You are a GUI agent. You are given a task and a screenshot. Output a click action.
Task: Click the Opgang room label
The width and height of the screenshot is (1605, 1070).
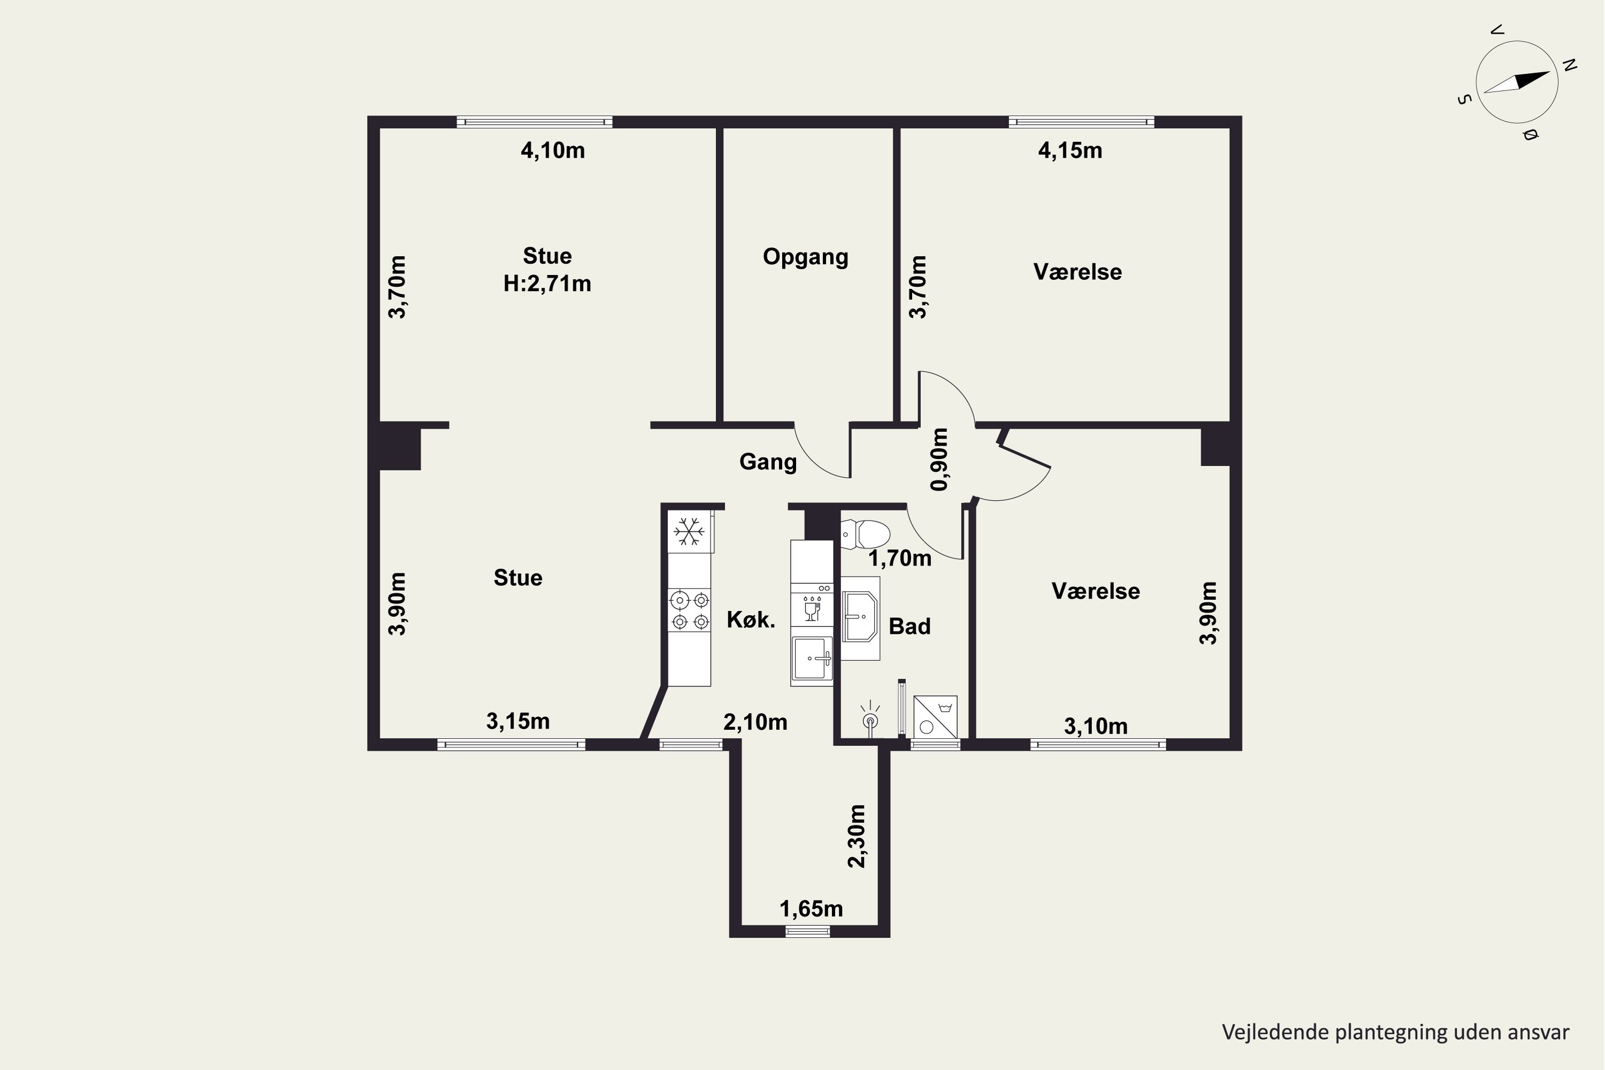(805, 257)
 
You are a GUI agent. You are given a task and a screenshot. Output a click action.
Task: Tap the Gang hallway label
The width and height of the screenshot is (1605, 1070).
(768, 462)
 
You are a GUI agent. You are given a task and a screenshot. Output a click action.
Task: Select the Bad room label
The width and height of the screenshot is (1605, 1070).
(909, 626)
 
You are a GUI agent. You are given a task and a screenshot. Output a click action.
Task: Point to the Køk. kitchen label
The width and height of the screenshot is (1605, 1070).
(751, 620)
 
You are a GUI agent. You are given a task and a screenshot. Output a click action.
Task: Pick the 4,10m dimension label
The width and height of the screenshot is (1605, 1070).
(553, 150)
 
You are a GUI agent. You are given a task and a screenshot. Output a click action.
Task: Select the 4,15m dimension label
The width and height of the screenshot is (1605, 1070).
(1070, 150)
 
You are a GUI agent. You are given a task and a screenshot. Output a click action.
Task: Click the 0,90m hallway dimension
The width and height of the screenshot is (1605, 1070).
(939, 459)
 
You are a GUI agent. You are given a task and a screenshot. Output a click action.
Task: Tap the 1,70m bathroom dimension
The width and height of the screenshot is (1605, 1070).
(899, 558)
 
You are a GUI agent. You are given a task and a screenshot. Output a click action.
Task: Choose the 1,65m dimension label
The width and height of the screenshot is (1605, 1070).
(812, 909)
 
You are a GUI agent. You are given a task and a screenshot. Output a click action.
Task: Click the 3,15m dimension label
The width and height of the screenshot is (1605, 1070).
(518, 721)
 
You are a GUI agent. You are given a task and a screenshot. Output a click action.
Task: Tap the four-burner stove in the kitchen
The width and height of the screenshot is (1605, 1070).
(689, 610)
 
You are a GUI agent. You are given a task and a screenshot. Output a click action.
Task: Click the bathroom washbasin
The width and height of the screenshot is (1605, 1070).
(860, 617)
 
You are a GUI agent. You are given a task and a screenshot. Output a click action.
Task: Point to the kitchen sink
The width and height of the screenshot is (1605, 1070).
(812, 659)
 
